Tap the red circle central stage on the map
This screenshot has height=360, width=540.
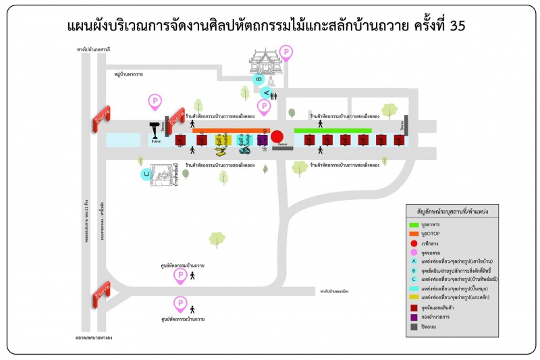click(x=277, y=136)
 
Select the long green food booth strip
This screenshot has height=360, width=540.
click(x=333, y=130)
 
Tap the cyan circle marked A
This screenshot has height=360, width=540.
click(x=267, y=93)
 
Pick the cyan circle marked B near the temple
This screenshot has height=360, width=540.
click(x=259, y=78)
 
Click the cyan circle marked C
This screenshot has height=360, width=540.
click(x=146, y=174)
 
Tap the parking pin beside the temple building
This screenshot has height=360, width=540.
click(x=287, y=53)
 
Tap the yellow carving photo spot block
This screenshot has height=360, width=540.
click(x=221, y=140)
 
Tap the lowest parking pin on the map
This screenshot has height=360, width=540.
click(x=180, y=303)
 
